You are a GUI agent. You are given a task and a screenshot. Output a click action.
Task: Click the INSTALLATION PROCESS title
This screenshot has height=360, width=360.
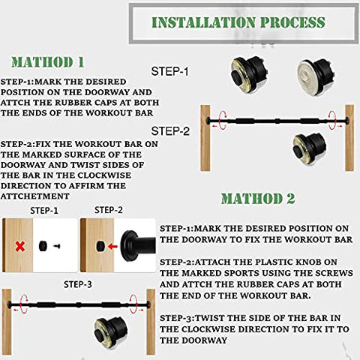coord(238,22)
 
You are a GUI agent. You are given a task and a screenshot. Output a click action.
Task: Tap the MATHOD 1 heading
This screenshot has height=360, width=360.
coord(47,62)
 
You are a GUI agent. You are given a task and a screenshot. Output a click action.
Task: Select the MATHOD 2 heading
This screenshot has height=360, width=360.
coord(258,199)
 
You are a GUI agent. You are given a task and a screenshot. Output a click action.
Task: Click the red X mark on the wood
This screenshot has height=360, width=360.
coord(20,246)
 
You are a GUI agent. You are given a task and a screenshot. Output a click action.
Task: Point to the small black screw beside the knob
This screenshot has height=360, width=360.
coord(57,246)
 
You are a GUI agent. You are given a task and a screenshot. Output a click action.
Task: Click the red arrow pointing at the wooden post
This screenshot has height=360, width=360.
coord(112,247)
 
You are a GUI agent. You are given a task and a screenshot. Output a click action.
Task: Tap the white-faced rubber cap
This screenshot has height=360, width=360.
coord(316,76)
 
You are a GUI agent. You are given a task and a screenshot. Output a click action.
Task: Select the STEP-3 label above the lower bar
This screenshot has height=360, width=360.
coord(78,284)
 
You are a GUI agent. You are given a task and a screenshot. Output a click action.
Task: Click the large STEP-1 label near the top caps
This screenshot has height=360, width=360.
coord(169,71)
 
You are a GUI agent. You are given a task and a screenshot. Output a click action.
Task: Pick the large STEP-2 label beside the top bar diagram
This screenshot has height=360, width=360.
coord(170,131)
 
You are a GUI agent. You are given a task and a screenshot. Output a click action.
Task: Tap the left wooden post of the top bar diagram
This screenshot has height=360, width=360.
coord(205,138)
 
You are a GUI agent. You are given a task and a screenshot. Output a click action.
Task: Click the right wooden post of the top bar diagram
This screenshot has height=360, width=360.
coord(349,138)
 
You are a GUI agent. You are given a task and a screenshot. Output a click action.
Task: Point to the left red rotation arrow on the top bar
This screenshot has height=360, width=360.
coord(222,120)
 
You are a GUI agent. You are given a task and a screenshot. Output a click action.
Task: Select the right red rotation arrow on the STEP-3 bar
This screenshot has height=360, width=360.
coord(133,304)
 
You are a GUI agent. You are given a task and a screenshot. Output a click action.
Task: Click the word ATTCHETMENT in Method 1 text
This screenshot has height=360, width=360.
coord(35,196)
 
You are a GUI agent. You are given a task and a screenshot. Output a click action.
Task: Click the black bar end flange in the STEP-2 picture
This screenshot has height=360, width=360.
coord(130,246)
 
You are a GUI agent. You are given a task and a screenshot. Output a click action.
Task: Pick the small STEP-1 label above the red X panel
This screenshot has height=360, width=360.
coord(44,211)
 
